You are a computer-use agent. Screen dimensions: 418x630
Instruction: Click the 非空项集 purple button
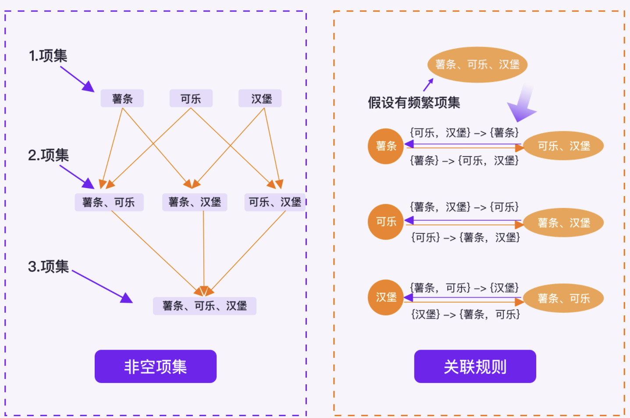click(x=156, y=366)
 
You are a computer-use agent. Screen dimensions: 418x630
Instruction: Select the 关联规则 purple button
click(x=475, y=366)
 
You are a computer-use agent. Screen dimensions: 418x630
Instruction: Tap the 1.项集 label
click(x=48, y=56)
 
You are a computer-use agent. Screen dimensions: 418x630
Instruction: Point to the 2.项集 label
click(x=48, y=155)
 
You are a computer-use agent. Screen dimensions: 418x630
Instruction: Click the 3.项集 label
click(x=48, y=266)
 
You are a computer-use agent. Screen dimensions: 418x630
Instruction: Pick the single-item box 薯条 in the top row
click(x=122, y=99)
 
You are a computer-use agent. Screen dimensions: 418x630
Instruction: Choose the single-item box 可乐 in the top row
click(x=191, y=99)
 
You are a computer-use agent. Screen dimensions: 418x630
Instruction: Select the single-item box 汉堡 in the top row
click(x=260, y=99)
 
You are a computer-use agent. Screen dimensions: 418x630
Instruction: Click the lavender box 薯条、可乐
click(x=109, y=202)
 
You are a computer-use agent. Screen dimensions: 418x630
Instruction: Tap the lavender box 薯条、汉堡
click(x=195, y=202)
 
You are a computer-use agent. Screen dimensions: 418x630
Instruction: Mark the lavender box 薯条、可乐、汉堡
click(x=205, y=306)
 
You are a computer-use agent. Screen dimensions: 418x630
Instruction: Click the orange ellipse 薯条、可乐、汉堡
click(x=477, y=64)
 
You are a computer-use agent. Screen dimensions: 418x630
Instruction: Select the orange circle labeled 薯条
click(x=386, y=146)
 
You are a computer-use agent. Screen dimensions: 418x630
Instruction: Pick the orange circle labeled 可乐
click(x=386, y=222)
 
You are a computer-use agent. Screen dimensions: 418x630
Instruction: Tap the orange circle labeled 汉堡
click(x=386, y=297)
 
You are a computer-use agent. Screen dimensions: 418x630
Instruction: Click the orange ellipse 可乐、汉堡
click(x=564, y=146)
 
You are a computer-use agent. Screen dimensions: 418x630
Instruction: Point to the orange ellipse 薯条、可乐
click(x=564, y=298)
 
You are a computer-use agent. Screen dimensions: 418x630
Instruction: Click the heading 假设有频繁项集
click(x=414, y=103)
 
